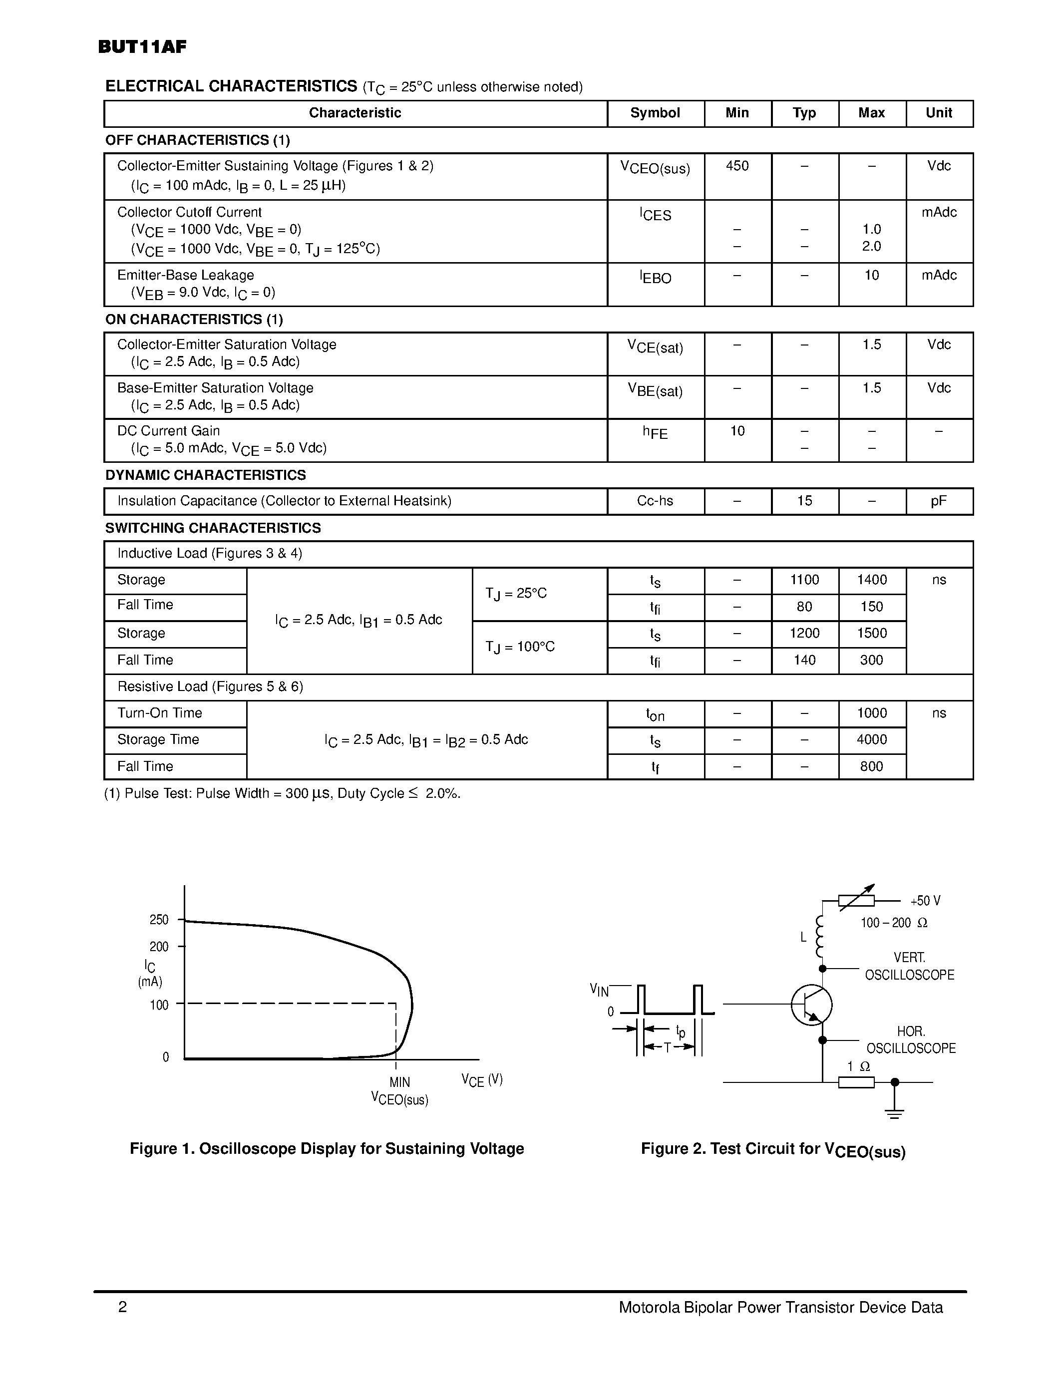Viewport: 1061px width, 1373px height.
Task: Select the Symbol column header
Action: [655, 113]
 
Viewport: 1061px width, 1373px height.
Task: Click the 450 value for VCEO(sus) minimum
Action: [737, 166]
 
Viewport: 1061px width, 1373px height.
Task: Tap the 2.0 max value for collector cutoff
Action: [871, 247]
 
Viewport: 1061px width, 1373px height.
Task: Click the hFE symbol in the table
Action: [655, 432]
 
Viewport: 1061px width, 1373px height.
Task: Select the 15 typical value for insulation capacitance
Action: [804, 501]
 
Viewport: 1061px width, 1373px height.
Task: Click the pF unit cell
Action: [939, 501]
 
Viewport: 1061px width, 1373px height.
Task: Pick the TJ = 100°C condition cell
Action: [520, 647]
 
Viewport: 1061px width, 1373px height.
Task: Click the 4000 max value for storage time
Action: [871, 739]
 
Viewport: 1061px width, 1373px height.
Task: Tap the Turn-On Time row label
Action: [160, 713]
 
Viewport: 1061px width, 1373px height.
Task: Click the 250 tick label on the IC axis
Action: [159, 920]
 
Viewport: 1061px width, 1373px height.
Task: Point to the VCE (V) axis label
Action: [482, 1080]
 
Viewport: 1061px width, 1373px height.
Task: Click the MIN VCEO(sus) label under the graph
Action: [400, 1091]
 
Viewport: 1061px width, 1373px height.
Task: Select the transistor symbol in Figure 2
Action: [811, 1005]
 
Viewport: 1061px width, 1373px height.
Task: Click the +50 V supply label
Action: [925, 901]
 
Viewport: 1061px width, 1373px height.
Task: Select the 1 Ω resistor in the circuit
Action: [856, 1082]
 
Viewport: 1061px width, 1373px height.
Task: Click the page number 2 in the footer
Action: [122, 1308]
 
